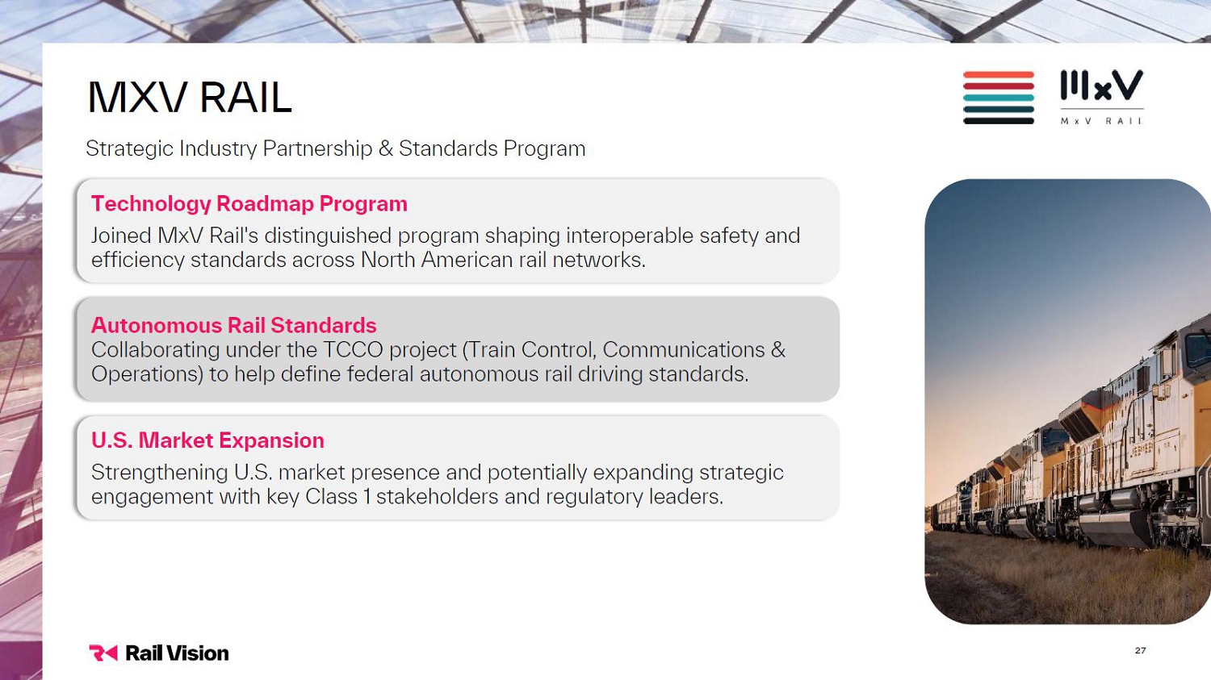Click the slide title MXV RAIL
189,98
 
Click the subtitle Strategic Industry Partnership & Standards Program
335,148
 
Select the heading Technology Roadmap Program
249,203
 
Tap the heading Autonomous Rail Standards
233,325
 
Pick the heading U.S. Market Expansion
207,440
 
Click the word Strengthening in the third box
160,473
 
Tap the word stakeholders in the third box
437,496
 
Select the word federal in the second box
379,373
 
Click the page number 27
1140,650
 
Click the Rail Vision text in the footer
177,653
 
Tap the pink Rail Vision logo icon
103,653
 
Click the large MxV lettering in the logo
1102,86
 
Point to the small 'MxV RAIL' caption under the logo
1100,121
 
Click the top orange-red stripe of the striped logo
999,74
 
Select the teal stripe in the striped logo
999,98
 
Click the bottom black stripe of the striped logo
999,121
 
